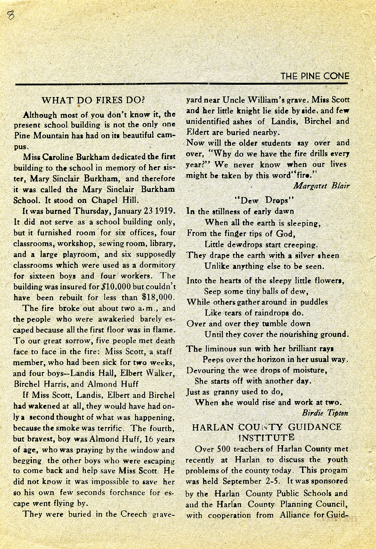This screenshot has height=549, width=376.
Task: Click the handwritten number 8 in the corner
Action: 11,15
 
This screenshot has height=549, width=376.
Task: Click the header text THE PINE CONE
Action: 315,76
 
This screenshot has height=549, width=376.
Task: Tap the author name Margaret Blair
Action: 321,186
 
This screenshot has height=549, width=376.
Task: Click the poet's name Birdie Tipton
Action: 325,413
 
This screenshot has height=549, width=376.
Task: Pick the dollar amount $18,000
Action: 158,297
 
